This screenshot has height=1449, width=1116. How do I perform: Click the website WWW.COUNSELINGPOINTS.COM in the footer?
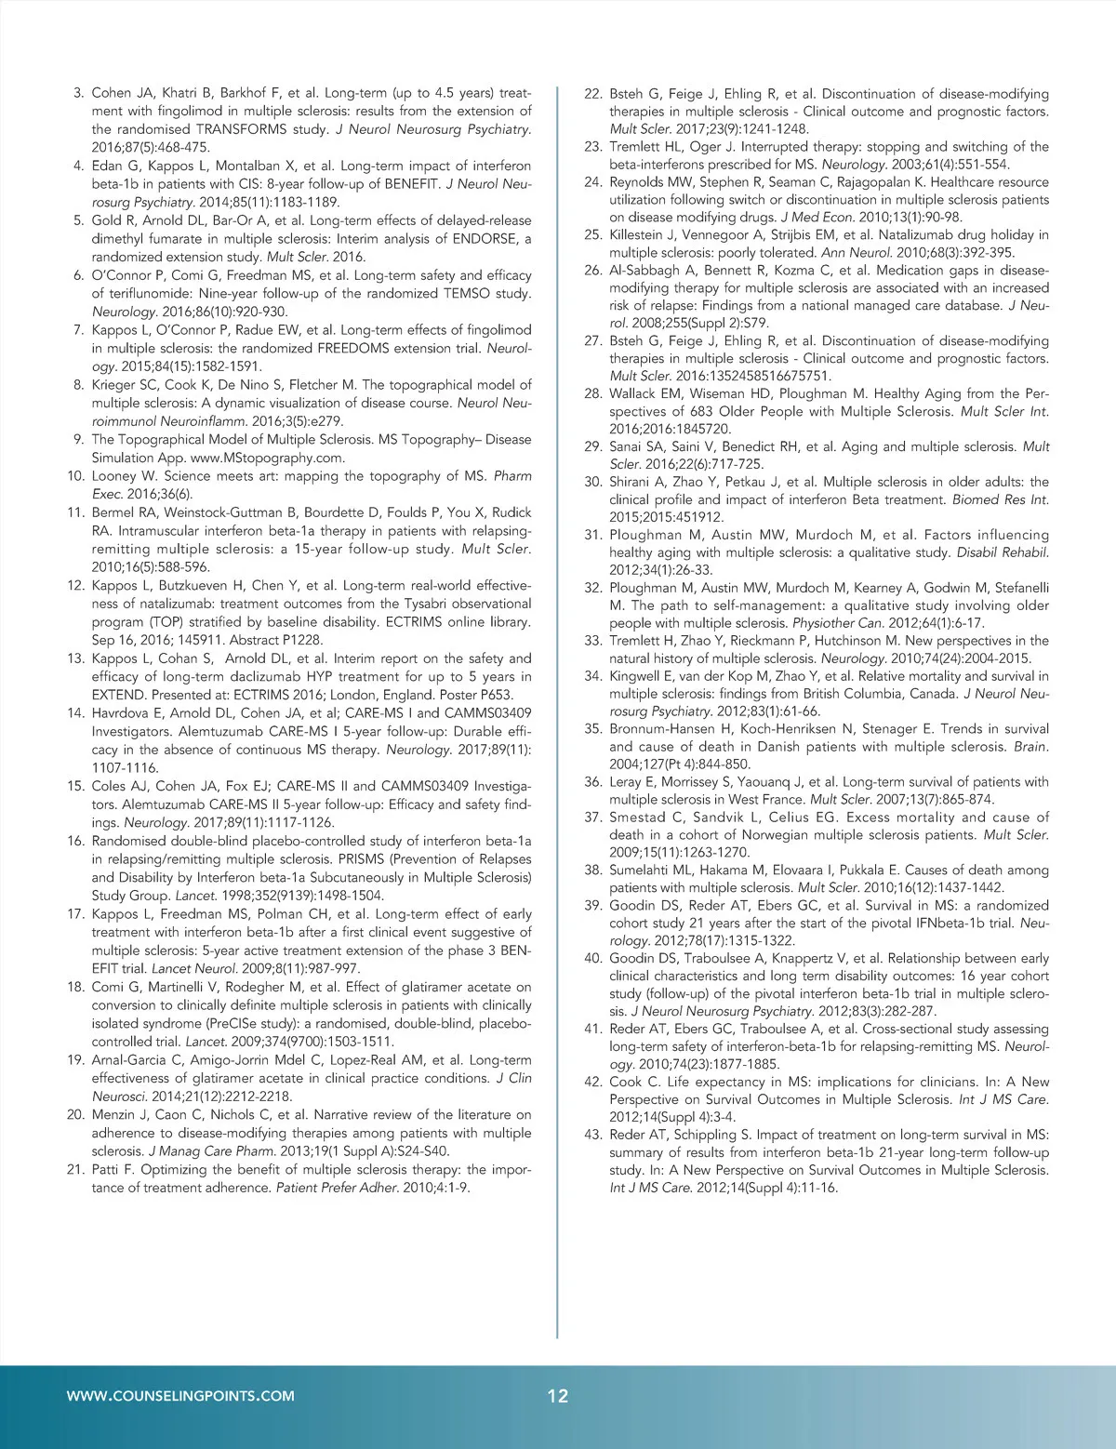[181, 1395]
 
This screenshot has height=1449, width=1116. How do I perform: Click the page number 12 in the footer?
[558, 1396]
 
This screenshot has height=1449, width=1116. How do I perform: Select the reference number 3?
[78, 93]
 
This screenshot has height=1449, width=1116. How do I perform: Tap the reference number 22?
[592, 94]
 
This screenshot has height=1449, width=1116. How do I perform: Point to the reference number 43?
[592, 1135]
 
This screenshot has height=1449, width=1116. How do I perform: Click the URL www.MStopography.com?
[269, 459]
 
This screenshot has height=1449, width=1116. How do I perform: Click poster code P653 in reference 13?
[489, 695]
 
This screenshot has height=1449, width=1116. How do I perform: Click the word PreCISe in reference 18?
[246, 1024]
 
